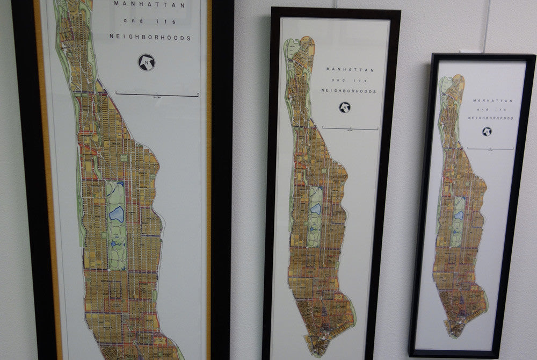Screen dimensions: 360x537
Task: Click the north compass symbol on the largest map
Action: click(x=146, y=62)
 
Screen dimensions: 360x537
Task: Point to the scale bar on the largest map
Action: click(x=157, y=95)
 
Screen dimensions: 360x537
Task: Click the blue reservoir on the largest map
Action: click(x=117, y=214)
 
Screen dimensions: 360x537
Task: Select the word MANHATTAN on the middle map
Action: click(x=350, y=69)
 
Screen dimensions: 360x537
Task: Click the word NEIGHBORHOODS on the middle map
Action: click(x=349, y=91)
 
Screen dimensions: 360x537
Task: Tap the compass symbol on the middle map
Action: click(x=344, y=107)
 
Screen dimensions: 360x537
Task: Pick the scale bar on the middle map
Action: click(x=350, y=128)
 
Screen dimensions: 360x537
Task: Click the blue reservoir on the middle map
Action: click(x=316, y=208)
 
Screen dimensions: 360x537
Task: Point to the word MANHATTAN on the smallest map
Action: click(x=493, y=100)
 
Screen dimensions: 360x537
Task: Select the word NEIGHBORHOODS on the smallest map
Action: click(x=492, y=118)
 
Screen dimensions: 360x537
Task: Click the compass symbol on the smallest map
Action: click(x=487, y=131)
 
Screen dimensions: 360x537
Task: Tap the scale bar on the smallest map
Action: click(x=490, y=148)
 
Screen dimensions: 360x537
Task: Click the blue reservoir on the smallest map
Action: click(x=460, y=214)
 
